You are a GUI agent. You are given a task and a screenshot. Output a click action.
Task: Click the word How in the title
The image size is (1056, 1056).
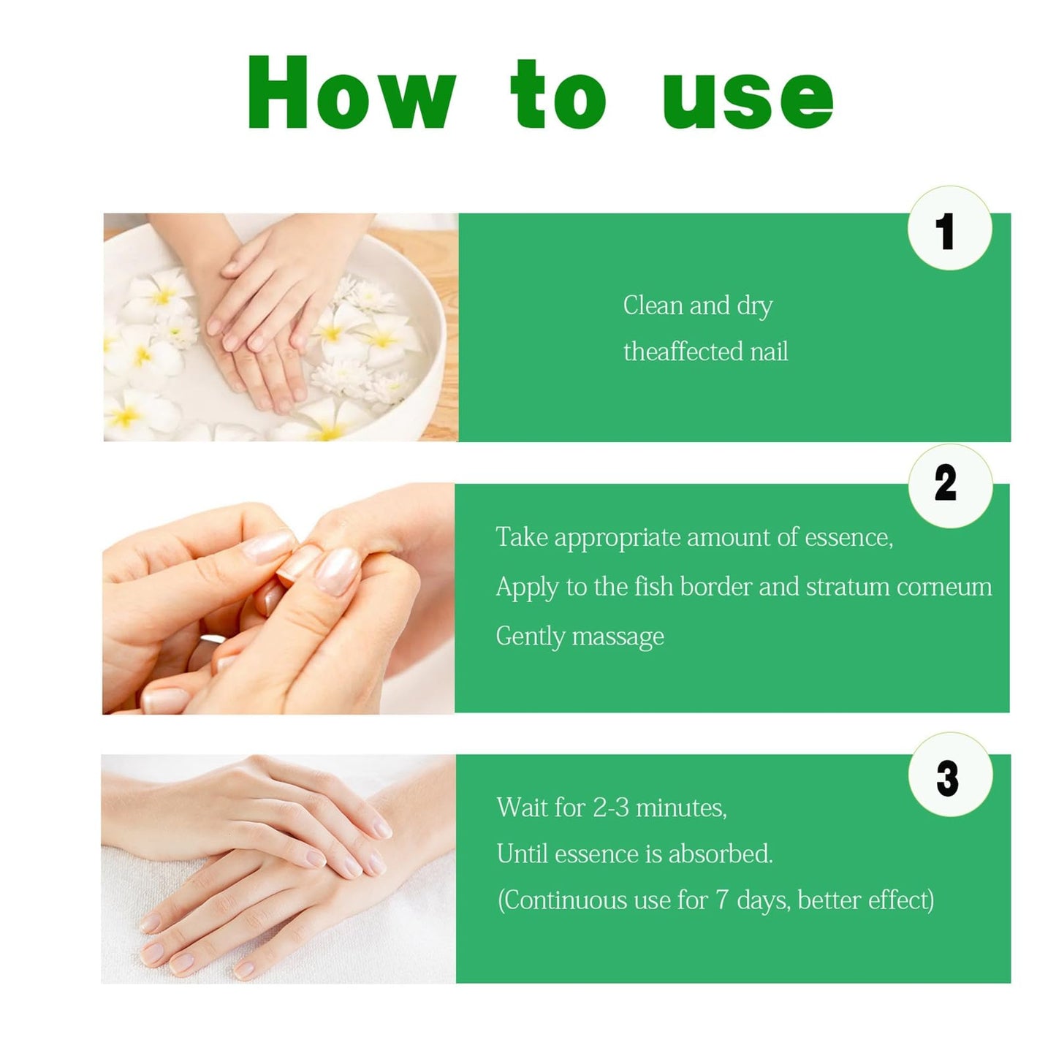(x=352, y=92)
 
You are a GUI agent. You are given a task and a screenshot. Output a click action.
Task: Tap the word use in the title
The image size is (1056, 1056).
(x=748, y=99)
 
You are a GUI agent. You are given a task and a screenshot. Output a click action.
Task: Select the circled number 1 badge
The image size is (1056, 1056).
(x=949, y=228)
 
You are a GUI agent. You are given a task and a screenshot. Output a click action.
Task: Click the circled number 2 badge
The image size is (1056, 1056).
(x=949, y=485)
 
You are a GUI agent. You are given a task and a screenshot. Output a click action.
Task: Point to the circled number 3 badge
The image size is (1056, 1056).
(x=950, y=774)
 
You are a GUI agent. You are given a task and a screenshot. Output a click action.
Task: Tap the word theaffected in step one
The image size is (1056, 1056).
(x=683, y=352)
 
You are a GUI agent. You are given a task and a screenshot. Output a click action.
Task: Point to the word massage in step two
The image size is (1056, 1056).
(x=618, y=637)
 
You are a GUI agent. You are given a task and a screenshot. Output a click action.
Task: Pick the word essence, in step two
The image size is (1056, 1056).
(x=849, y=538)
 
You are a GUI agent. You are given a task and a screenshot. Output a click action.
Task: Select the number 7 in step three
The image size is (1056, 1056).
(x=722, y=900)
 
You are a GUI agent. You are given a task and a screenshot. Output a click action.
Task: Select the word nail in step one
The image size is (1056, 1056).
(x=770, y=352)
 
